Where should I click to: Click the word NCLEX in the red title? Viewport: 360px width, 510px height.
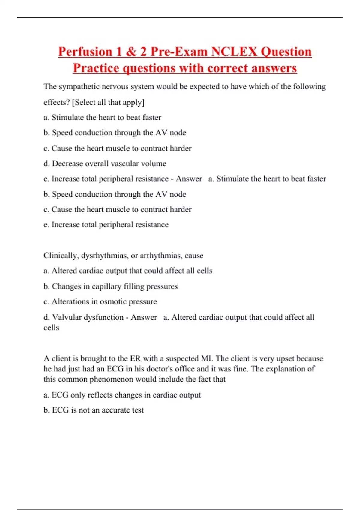coord(234,52)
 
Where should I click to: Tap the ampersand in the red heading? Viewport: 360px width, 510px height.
coord(131,52)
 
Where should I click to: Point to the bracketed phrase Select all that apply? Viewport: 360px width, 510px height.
coord(108,102)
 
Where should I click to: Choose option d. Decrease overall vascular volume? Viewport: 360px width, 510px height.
coord(105,163)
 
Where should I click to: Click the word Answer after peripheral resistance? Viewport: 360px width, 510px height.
coord(189,179)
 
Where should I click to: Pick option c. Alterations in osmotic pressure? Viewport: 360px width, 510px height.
coord(100,301)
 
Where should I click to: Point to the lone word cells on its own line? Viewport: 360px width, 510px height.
coord(51,328)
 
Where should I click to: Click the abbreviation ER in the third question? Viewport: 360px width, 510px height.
coord(135,358)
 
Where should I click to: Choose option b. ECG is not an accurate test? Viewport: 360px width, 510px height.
coord(94,410)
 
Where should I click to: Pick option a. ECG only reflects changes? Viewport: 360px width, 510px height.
coord(122,395)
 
